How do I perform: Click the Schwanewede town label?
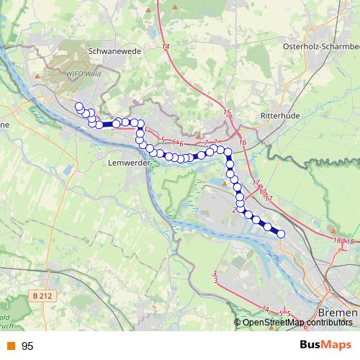(x=116, y=52)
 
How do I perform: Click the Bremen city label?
(x=337, y=314)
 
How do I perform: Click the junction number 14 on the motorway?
(x=166, y=46)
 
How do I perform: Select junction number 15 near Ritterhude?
(x=228, y=112)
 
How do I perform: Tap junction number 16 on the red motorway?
(x=243, y=143)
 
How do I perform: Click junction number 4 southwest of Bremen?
(x=267, y=310)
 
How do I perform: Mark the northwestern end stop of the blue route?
(x=78, y=107)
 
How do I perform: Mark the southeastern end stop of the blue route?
(x=281, y=233)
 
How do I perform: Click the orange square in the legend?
(x=10, y=346)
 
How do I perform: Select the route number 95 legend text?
(x=27, y=346)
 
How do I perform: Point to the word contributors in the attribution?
(x=328, y=323)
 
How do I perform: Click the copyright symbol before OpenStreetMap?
(x=238, y=323)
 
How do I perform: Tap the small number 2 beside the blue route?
(x=235, y=210)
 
